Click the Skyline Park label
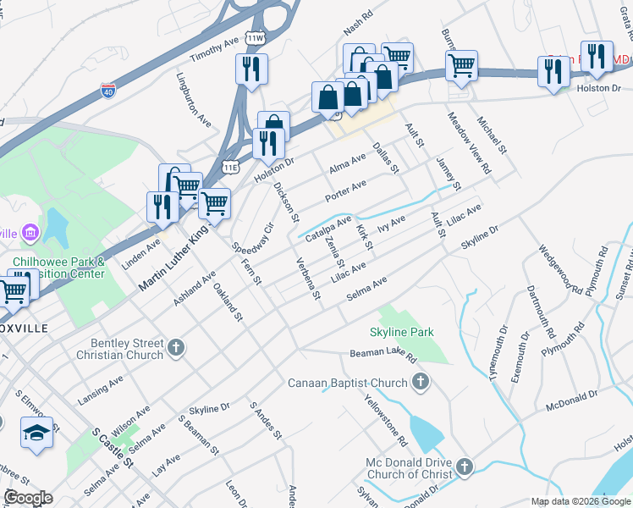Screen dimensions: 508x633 pos(401,332)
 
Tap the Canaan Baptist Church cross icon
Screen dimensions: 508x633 pos(420,384)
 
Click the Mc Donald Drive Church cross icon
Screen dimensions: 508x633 pos(464,467)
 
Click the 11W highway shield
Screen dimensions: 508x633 pos(253,39)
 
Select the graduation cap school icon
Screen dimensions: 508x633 pos(37,433)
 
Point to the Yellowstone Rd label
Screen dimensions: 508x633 pos(386,420)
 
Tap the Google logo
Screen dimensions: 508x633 pos(28,498)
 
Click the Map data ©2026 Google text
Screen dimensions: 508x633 pos(580,501)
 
